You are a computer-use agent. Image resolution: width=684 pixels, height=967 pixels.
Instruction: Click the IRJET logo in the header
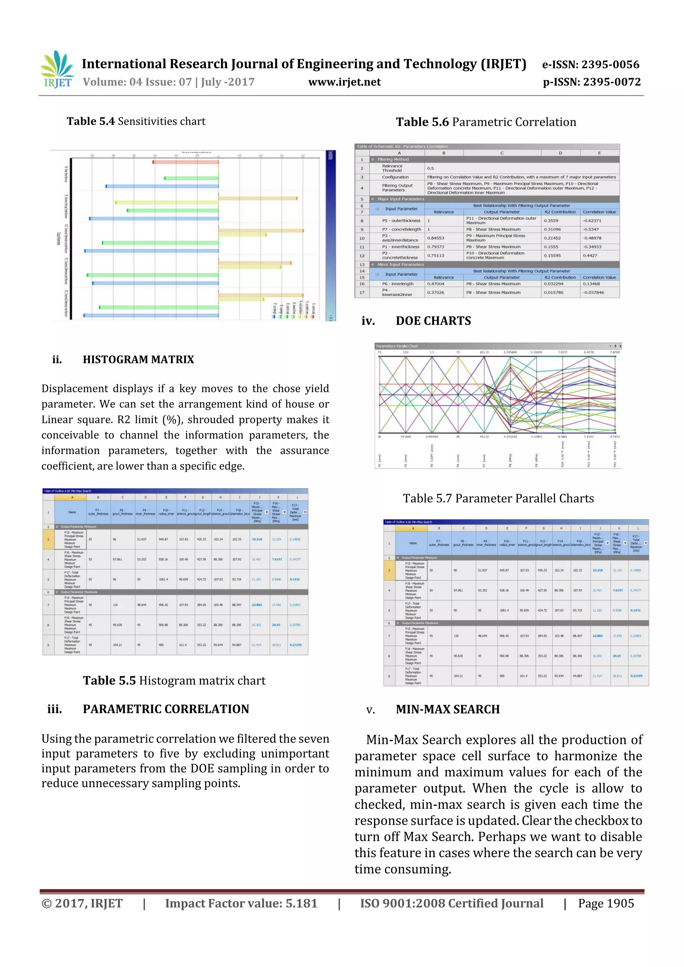57,69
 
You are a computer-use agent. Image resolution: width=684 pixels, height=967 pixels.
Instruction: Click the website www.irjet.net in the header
344,82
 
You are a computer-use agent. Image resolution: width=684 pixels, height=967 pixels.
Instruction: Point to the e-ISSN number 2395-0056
590,64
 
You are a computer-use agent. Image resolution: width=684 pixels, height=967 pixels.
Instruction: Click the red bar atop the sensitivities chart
185,162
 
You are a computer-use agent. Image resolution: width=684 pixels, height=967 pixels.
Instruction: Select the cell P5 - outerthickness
401,220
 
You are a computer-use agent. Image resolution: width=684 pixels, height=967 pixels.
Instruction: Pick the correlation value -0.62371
592,220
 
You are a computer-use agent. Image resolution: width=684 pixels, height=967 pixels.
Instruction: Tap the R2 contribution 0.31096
552,230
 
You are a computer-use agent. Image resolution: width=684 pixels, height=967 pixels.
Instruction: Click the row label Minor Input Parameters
400,264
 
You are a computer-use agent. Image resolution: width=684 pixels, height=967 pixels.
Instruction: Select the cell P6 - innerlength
397,284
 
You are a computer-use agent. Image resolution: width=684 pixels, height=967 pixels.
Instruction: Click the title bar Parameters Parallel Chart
396,346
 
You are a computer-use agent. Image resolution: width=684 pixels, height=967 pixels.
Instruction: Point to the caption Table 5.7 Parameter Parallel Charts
498,498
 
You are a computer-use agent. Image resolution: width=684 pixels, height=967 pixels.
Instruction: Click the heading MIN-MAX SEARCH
448,709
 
